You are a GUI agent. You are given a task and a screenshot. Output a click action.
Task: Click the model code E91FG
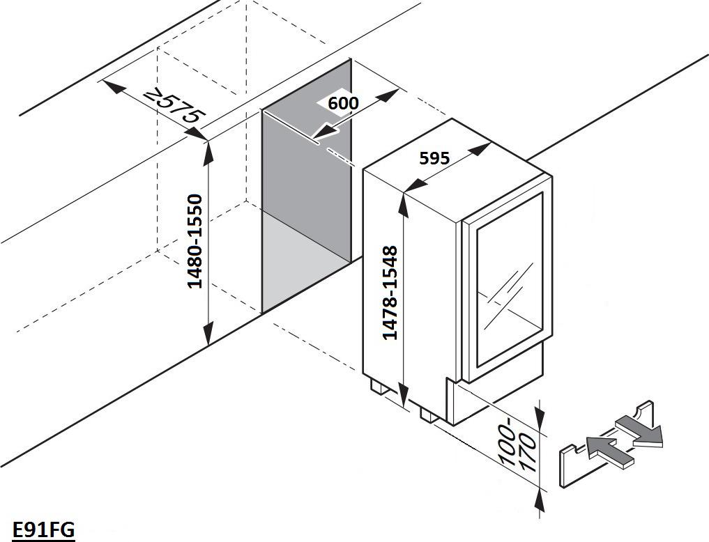(43, 529)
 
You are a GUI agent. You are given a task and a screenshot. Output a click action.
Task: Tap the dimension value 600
(343, 103)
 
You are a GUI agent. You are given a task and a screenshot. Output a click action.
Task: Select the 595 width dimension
(434, 158)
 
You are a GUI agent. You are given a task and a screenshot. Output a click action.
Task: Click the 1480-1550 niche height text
(195, 241)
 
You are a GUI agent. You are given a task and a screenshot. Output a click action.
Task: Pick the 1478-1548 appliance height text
(390, 293)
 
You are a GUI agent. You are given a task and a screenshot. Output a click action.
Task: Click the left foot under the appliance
(379, 387)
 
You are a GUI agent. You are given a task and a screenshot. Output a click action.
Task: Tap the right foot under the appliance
(428, 415)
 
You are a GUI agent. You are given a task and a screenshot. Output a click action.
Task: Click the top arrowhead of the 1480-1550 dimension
(208, 153)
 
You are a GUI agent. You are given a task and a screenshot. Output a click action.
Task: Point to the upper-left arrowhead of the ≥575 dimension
(113, 86)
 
